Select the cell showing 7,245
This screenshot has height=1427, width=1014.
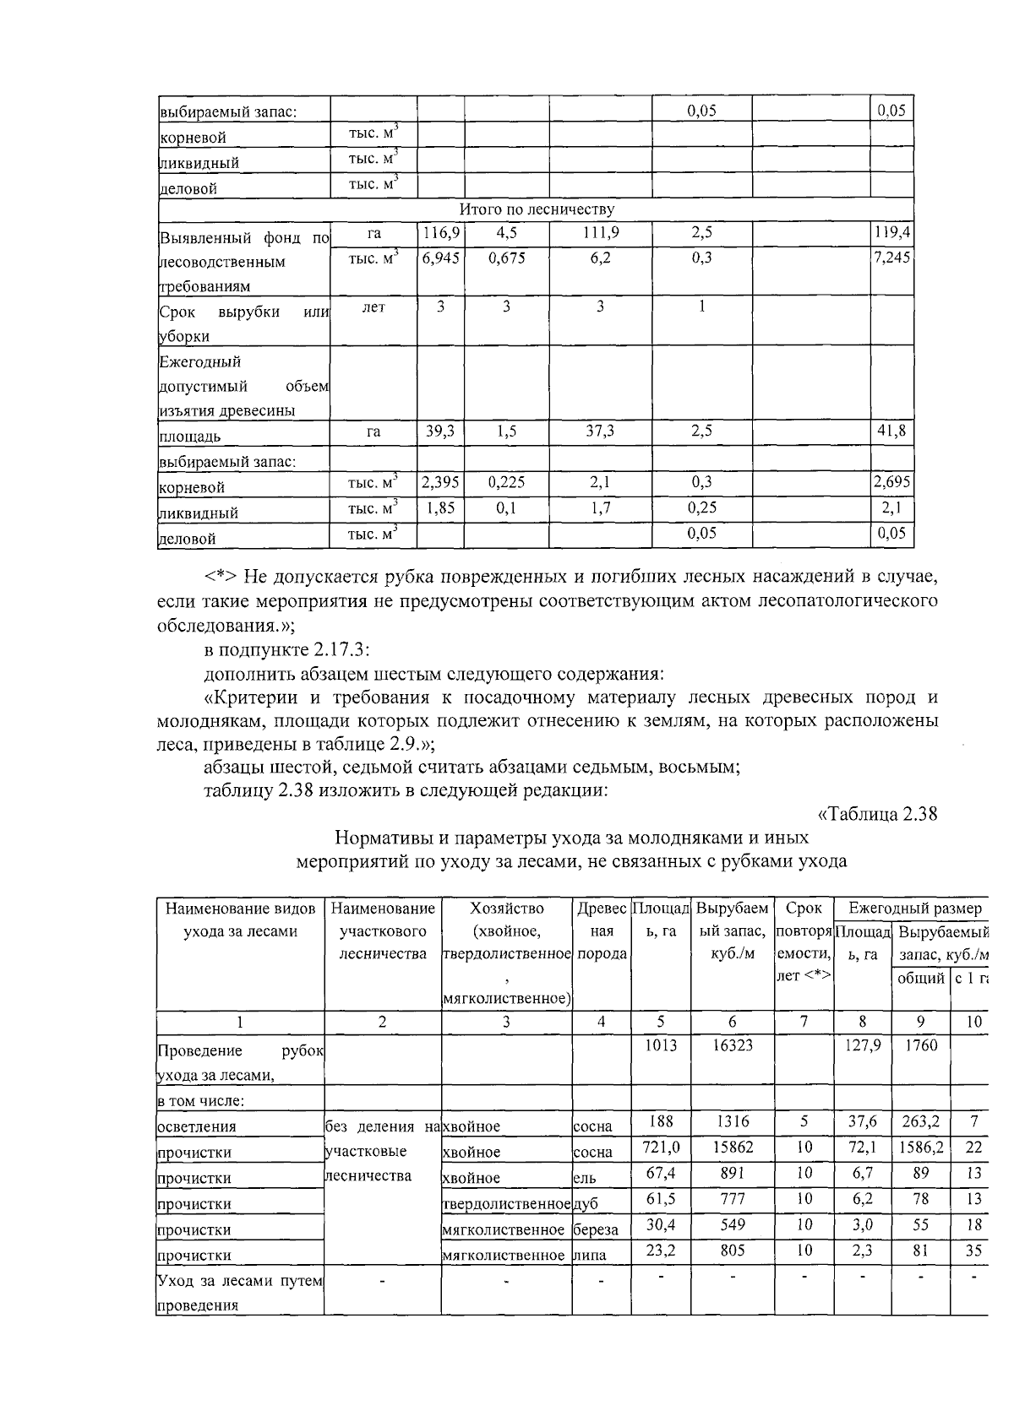click(x=891, y=258)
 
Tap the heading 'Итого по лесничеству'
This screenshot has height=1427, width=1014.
click(x=537, y=209)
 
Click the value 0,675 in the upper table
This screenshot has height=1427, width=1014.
click(x=506, y=258)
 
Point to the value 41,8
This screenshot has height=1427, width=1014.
click(x=891, y=431)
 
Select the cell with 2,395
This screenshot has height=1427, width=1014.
click(x=440, y=482)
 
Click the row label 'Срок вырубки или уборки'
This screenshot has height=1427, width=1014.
click(x=243, y=323)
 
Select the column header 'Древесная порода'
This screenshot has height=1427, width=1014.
click(x=601, y=931)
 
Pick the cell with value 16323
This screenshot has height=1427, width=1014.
click(x=732, y=1045)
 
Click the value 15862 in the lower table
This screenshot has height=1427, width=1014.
click(x=732, y=1148)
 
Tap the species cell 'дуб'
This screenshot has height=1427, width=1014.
click(x=586, y=1204)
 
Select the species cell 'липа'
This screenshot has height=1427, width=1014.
click(x=589, y=1256)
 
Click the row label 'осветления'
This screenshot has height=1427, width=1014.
click(x=197, y=1126)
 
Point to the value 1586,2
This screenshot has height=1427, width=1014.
click(x=920, y=1148)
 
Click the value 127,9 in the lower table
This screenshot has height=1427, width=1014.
click(x=862, y=1045)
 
